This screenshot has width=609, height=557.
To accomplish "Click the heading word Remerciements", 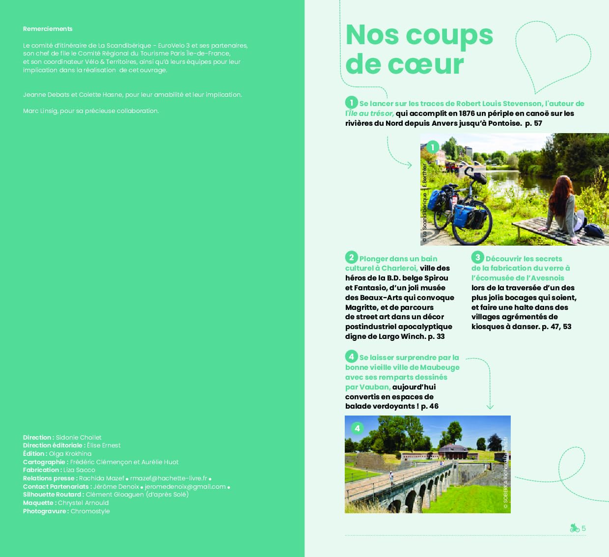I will [48, 29].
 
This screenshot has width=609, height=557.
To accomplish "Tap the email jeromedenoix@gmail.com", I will [185, 487].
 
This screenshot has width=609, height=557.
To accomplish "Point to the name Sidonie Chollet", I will [79, 438].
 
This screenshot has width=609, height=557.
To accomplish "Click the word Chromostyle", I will [90, 511].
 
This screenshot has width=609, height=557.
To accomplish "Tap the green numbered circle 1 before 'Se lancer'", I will [351, 103].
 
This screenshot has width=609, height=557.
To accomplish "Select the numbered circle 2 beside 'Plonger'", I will [351, 258].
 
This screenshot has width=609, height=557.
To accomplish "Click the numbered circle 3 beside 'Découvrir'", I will [477, 257].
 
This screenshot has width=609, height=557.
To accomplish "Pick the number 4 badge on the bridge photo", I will [357, 428].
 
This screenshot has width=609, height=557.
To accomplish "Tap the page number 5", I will [583, 529].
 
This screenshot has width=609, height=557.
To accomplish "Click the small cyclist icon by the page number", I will [574, 528].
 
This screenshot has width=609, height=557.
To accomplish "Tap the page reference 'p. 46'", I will [430, 406].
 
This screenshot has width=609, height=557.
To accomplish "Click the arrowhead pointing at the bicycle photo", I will [410, 165].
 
